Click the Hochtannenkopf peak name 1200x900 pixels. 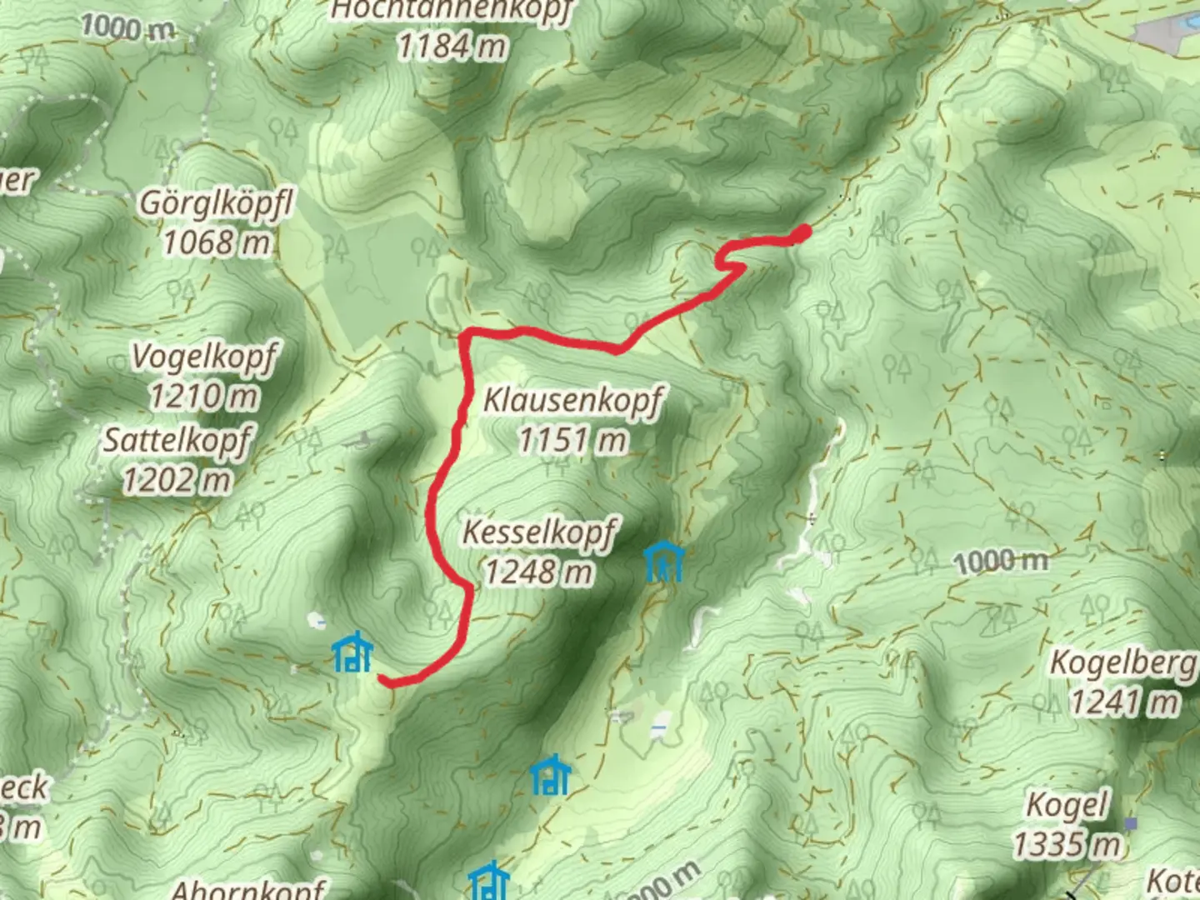452,10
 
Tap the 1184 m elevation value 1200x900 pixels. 452,46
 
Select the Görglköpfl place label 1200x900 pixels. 217,202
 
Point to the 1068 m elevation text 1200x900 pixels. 217,242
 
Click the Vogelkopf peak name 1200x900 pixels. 204,357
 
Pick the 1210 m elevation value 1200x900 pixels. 204,396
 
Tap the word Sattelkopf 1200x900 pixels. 177,439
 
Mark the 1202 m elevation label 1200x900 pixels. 177,480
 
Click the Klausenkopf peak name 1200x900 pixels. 573,400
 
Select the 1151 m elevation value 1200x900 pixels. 573,439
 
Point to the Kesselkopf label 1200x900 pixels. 540,532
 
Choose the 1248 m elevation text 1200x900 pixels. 540,572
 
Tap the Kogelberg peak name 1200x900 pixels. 1123,662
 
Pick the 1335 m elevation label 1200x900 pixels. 1067,845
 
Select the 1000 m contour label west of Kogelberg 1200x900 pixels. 1001,562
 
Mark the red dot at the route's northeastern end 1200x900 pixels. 802,233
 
